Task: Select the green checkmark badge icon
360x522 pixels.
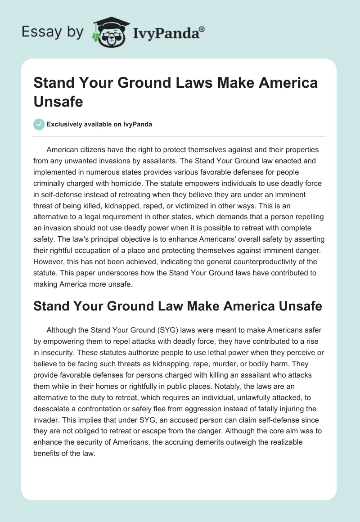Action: (39, 124)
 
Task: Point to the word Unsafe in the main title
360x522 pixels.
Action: (58, 101)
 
